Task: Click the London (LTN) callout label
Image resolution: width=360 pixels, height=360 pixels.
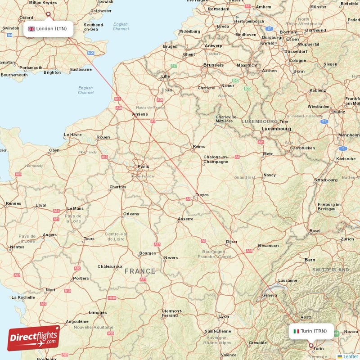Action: click(x=48, y=29)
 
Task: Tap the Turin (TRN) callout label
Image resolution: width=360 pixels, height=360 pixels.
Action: click(x=311, y=331)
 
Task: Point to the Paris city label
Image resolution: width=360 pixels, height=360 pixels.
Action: click(x=143, y=166)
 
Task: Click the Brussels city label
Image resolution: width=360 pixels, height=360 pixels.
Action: click(x=213, y=65)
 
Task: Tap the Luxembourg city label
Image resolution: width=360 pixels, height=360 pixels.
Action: click(x=276, y=128)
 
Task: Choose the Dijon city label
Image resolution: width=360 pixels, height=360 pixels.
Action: click(x=231, y=242)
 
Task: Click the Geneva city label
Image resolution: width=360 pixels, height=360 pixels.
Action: click(x=270, y=295)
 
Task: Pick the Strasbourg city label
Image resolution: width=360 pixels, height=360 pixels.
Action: click(x=326, y=180)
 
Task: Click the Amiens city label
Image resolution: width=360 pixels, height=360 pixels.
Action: click(x=140, y=115)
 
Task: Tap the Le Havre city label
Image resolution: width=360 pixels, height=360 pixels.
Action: click(x=72, y=135)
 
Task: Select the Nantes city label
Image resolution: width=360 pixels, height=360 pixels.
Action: click(x=17, y=247)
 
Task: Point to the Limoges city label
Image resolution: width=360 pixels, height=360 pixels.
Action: click(x=98, y=312)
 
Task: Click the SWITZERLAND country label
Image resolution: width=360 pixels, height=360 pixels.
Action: click(x=330, y=270)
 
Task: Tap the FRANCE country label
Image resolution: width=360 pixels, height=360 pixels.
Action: click(x=140, y=271)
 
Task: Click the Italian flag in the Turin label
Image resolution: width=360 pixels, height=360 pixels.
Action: click(x=296, y=331)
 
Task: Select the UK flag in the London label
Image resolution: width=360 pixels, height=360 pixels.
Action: click(x=31, y=29)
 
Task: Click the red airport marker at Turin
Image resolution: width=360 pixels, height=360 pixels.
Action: click(x=310, y=346)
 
